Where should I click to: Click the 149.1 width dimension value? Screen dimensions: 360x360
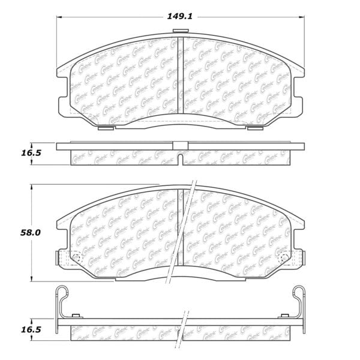tap(180, 17)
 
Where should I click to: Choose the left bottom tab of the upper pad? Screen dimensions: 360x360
tap(104, 128)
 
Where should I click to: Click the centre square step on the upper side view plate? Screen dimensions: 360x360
tap(180, 144)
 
